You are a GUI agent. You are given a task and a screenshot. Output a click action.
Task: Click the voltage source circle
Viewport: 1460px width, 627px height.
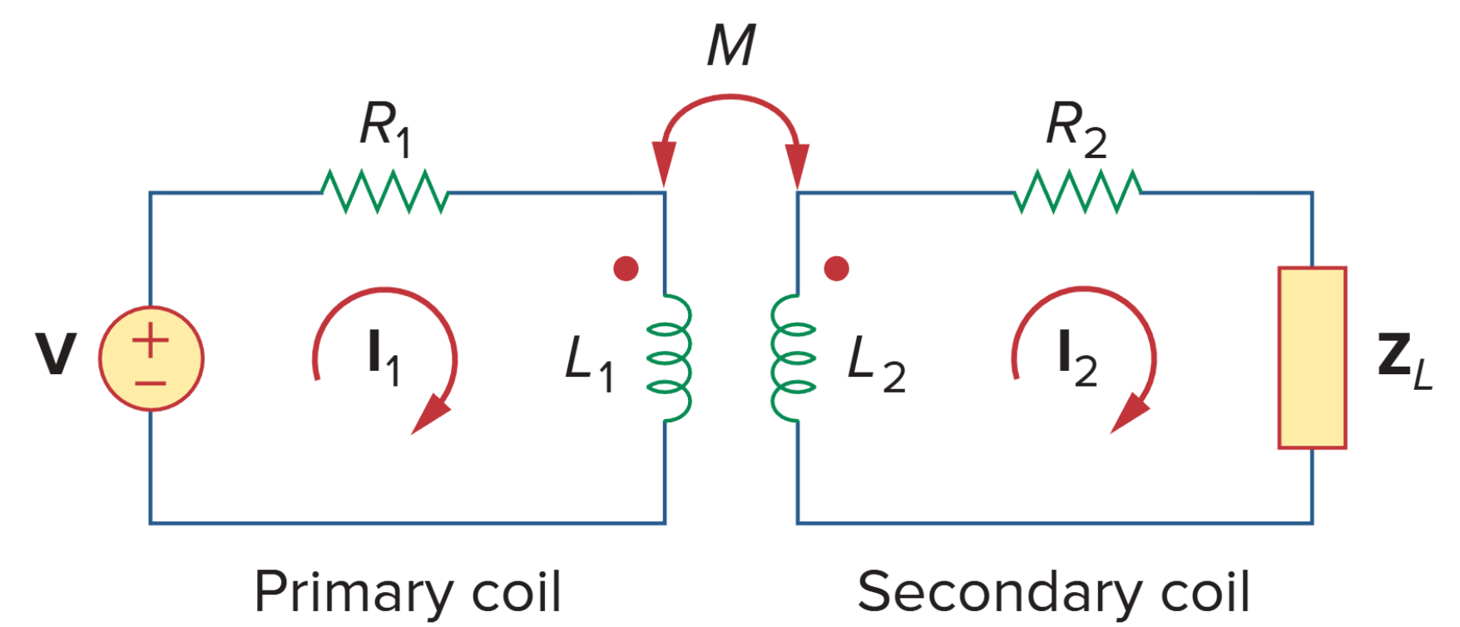151,358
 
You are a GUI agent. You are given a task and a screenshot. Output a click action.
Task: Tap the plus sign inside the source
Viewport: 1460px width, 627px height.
151,341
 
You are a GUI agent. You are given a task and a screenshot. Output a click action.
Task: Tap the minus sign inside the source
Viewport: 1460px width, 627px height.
151,383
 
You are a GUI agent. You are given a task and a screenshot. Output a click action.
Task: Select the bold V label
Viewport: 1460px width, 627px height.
55,354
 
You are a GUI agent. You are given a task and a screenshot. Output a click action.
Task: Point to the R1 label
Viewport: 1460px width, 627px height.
385,129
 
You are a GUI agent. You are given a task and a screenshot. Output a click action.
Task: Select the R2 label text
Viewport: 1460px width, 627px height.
1076,129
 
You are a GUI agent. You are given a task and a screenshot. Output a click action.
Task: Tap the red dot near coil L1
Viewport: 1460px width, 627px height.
626,269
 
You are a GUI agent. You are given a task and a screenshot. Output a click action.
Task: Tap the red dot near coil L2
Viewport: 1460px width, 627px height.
836,269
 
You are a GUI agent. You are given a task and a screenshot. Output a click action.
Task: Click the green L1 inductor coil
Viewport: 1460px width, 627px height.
671,358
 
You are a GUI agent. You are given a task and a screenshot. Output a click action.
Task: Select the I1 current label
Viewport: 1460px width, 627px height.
384,357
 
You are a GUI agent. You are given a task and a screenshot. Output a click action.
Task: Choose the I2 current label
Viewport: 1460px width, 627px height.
1076,357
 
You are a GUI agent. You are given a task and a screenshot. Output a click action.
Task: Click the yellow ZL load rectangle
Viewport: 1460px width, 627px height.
1312,358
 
